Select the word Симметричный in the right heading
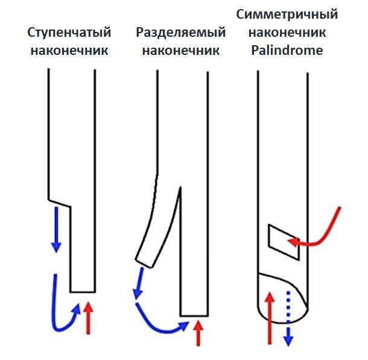pos(287,14)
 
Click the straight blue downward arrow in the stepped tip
pos(56,229)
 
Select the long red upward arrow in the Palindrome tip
pos(270,317)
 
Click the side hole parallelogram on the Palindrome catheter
pos(283,241)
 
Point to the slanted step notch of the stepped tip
pos(60,204)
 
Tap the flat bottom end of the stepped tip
pos(83,291)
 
